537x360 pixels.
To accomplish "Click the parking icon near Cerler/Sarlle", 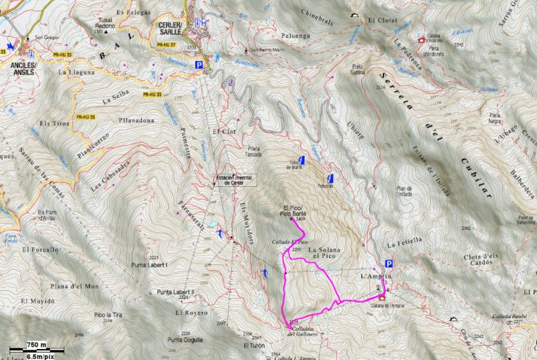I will coord(199,66).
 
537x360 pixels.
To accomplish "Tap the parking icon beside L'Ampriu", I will coord(388,264).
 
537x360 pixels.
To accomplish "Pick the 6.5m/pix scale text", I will coord(38,355).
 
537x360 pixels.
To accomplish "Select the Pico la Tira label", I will coord(108,315).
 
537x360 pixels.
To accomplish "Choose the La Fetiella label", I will coord(404,241).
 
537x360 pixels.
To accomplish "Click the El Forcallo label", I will coord(40,250).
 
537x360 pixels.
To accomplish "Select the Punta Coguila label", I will coord(184,339).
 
